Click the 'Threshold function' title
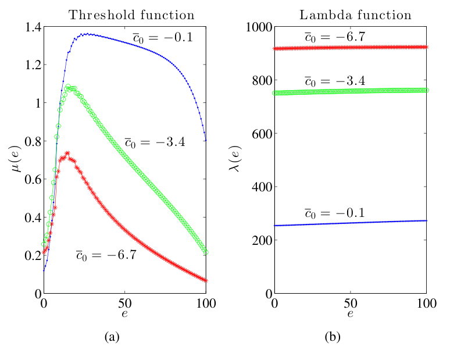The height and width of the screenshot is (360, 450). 131,15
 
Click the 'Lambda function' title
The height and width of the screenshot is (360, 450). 356,15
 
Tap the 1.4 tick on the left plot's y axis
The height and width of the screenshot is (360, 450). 30,27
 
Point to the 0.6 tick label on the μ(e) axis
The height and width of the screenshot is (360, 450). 30,179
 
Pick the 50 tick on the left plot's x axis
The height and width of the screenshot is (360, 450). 124,303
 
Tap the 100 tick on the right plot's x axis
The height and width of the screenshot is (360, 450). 426,303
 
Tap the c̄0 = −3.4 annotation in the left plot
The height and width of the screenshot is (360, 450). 155,141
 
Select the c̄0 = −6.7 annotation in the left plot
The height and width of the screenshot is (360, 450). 106,255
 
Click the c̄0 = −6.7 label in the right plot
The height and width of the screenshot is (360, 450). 334,37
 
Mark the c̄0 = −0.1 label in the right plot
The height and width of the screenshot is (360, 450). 334,213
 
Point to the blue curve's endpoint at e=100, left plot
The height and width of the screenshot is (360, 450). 206,140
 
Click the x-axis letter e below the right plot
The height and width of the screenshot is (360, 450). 351,314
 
